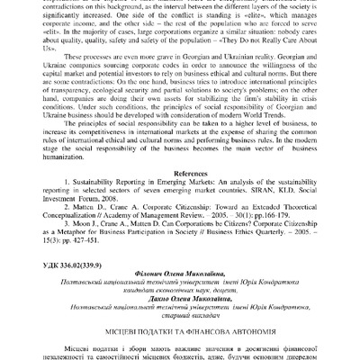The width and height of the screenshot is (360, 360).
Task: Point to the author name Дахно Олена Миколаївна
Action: click(x=180, y=295)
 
